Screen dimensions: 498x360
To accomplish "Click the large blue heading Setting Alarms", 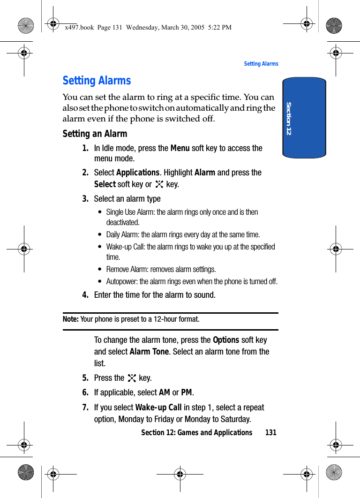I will pos(97,81).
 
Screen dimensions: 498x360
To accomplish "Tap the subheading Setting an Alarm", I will pos(95,134).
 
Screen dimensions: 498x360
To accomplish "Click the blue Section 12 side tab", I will pos(304,118).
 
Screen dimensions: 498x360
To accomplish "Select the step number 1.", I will pos(85,148).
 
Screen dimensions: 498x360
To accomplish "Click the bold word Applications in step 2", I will pos(138,173).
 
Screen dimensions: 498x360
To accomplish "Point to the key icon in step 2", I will pos(159,184).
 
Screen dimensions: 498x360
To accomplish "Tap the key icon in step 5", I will pos(132,378).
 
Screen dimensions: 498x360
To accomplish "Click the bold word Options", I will pos(226,340).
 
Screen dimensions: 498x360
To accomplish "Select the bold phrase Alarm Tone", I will pos(149,352).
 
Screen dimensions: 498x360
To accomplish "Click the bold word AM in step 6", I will pos(165,392).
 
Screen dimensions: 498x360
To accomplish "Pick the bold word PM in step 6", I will pos(187,392).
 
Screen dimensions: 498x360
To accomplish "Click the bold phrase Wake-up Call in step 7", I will pos(158,407).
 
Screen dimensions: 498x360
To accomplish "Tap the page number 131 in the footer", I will pos(271,432).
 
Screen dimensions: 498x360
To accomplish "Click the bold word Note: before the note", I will pos(71,319).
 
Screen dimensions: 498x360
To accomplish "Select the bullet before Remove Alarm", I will pos(100,270).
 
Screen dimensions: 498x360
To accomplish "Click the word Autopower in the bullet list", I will pos(121,282).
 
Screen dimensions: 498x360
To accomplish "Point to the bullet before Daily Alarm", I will pos(100,235).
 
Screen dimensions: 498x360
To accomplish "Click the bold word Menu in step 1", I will pos(180,148).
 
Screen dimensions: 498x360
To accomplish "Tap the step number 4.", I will pos(85,295).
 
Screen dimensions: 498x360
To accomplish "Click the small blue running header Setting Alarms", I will pos(261,64).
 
